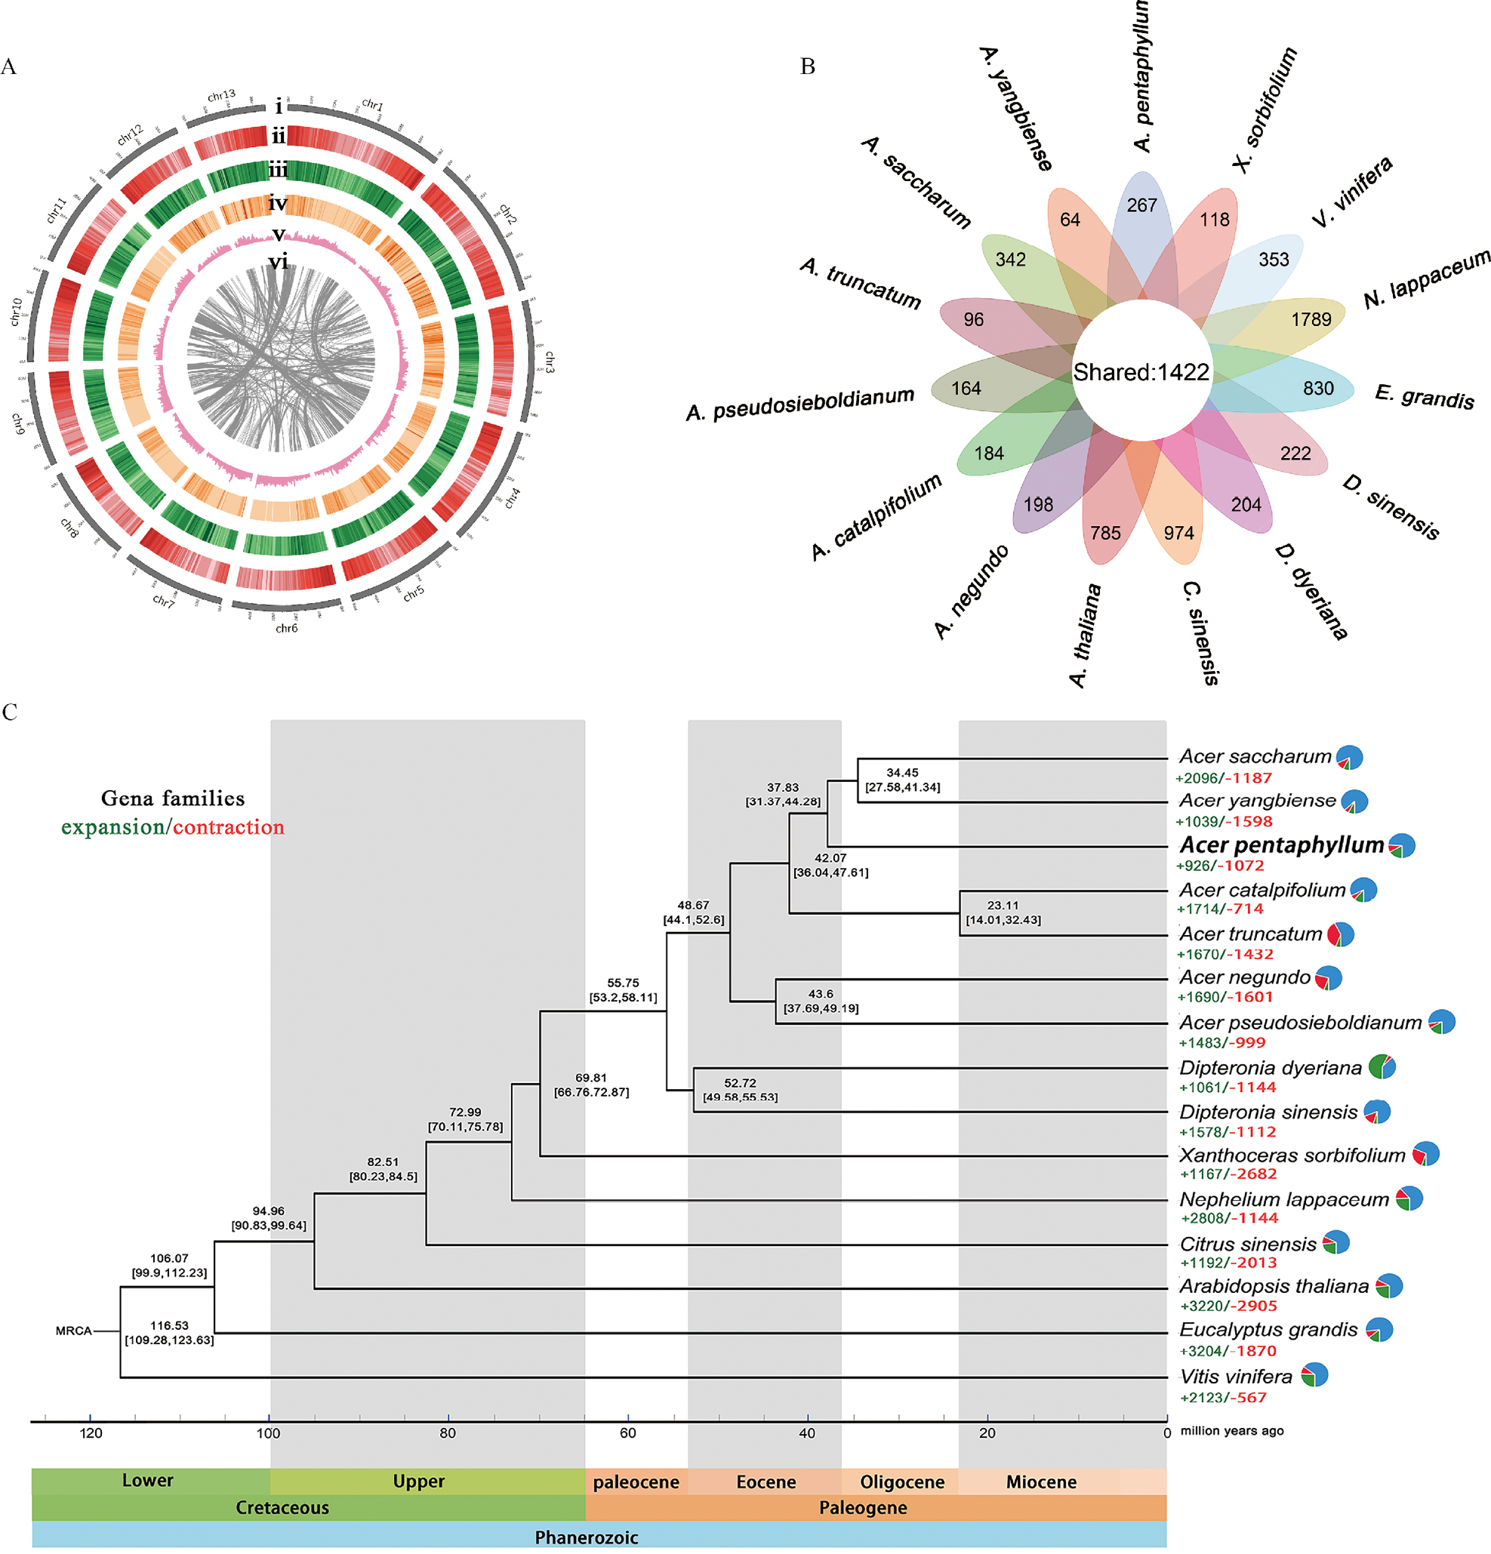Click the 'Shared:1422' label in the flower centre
1141,372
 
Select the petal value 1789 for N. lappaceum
1311,319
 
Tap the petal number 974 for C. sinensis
1178,533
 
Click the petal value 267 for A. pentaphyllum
1141,205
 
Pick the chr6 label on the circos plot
286,629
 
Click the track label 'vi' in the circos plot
279,262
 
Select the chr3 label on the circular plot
549,362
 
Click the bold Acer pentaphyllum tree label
1281,845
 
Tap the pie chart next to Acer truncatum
1341,934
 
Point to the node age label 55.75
623,983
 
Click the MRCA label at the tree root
74,1331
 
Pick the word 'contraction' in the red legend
229,828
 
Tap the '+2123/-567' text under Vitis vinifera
1223,1398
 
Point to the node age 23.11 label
1003,906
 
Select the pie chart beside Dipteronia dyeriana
1382,1066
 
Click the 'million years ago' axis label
1231,1431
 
